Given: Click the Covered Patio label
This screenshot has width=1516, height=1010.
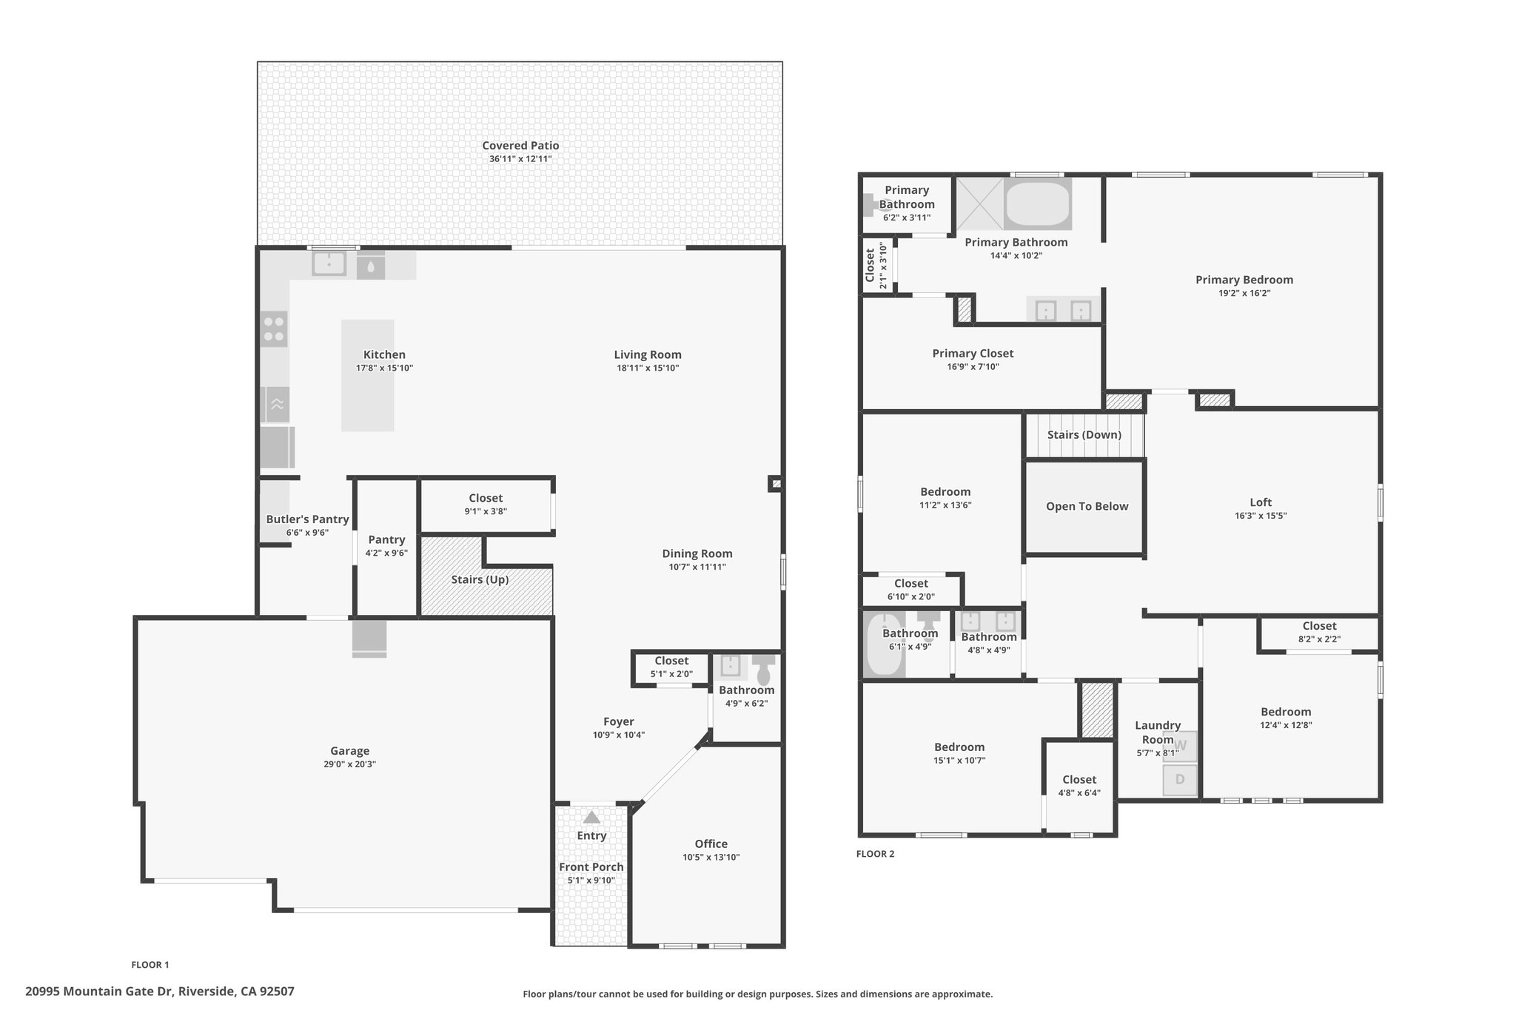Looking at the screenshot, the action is point(520,146).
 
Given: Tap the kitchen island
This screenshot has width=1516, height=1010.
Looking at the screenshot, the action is point(367,375).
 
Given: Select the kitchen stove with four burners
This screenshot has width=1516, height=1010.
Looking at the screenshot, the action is point(274,329).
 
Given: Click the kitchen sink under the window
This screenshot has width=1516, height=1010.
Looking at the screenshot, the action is point(329,264).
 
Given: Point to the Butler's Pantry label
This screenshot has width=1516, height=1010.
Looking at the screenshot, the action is point(307,519).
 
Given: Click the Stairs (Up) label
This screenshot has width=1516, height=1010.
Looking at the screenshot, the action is point(480,579).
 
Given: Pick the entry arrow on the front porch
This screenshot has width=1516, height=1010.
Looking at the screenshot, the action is point(591,817).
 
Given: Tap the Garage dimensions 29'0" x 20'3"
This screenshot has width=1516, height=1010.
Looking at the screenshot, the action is point(349,764).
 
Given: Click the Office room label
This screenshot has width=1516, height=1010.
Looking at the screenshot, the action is point(711,844).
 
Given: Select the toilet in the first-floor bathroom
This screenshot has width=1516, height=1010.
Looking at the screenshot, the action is point(764,669).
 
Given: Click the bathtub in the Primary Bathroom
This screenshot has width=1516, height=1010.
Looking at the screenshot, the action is point(1037,204).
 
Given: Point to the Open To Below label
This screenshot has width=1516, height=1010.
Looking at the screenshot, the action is point(1087,506).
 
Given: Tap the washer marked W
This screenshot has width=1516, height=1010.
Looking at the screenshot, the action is point(1180,746).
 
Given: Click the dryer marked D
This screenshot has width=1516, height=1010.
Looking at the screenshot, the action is point(1180,780).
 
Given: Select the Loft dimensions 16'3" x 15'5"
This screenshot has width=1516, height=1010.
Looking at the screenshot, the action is point(1261,516).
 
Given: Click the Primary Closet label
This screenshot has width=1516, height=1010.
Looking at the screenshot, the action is point(973,354).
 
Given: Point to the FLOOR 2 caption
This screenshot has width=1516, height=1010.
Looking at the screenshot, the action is point(875,854).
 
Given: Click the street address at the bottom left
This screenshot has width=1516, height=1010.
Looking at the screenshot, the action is point(160,991).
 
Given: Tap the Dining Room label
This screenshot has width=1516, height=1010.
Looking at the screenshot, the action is point(697,553).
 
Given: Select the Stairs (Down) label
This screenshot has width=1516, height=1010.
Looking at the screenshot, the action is point(1084,434).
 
